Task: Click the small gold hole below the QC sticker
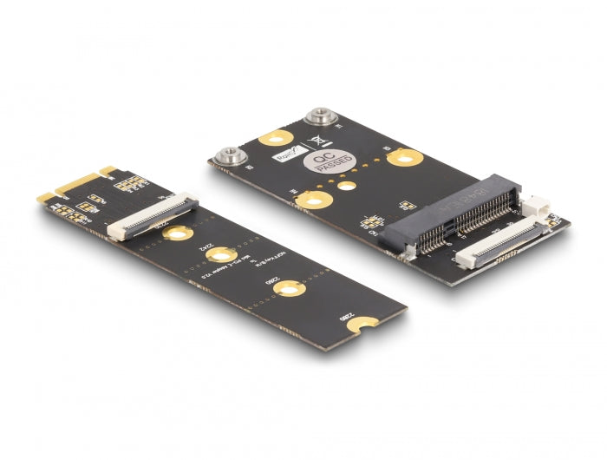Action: point(347,185)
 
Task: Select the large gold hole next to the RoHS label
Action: point(277,137)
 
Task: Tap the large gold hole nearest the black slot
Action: point(405,157)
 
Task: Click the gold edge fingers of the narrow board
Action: point(74,184)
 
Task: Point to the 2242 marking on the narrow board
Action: point(208,248)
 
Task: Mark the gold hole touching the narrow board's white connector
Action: point(177,233)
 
